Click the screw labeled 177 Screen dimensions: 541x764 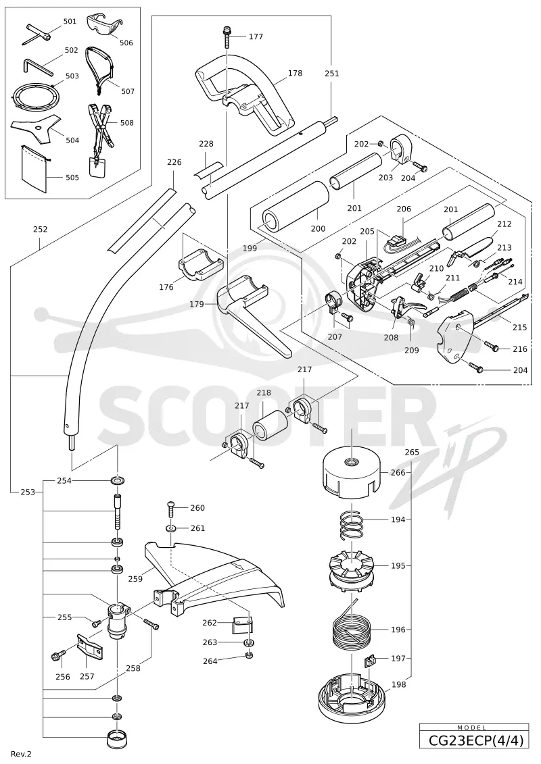[x=227, y=36]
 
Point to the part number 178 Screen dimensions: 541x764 [x=295, y=73]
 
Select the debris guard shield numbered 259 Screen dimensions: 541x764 [x=214, y=575]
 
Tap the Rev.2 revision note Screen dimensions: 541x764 [x=21, y=754]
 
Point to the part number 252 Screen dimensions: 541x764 [x=40, y=229]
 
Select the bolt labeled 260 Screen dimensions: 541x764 [x=170, y=509]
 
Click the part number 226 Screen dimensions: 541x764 [x=174, y=162]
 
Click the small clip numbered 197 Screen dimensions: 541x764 [x=371, y=661]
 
